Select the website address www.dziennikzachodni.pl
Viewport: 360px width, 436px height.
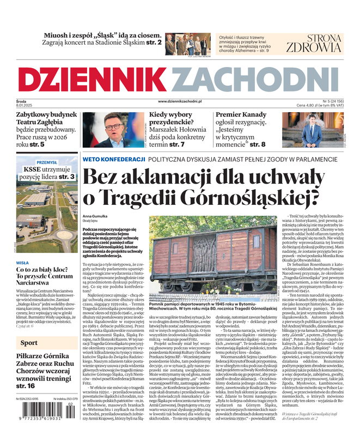180,101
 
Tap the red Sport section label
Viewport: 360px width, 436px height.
29,343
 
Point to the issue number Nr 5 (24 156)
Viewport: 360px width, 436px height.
328,101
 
